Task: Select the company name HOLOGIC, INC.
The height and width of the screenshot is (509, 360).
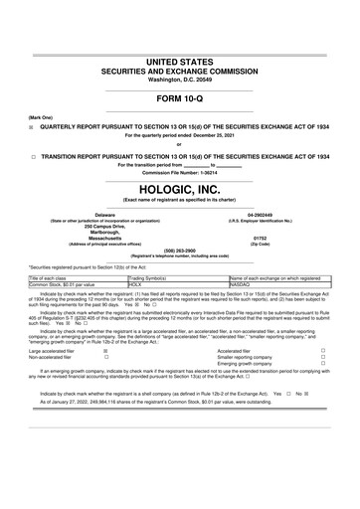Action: [x=180, y=188]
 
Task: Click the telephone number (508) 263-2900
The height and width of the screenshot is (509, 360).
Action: [x=180, y=251]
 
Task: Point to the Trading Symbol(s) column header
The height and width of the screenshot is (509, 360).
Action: [x=152, y=278]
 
